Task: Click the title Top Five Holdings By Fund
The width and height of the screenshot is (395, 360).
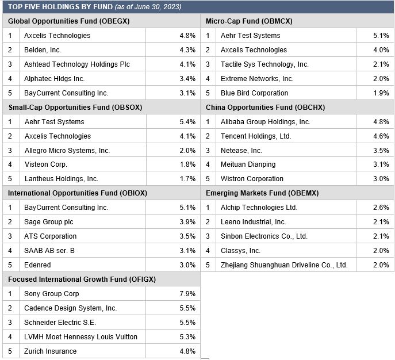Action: click(60, 6)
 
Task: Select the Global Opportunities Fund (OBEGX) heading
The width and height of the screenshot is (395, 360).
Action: click(69, 21)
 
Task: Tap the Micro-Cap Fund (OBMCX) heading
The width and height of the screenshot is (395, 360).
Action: click(249, 21)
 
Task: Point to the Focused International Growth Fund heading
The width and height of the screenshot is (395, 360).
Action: click(82, 279)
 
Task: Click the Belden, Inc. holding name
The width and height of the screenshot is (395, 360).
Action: click(43, 50)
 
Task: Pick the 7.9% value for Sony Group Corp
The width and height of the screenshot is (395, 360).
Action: click(187, 293)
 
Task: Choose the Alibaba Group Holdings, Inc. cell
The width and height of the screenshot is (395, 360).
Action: click(265, 122)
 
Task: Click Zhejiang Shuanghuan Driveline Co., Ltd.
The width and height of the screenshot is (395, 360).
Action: click(284, 265)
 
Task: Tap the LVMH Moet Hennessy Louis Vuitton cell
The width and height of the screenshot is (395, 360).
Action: click(80, 336)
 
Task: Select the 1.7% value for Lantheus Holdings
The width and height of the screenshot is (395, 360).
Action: click(187, 179)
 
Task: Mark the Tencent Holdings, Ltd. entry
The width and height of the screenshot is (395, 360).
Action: click(256, 136)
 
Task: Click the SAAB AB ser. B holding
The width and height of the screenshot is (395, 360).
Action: click(49, 250)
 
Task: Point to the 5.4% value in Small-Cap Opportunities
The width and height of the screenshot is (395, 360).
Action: click(187, 122)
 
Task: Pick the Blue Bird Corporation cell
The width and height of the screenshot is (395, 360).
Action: click(254, 93)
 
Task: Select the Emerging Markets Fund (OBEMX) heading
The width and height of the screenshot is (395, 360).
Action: click(262, 193)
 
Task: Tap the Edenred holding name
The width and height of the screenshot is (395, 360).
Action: click(37, 265)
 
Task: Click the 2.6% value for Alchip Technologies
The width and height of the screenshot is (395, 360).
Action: click(381, 208)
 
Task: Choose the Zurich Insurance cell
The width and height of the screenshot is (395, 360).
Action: click(51, 351)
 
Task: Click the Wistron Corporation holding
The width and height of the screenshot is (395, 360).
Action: click(252, 179)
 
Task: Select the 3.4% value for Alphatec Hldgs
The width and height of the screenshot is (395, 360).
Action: click(187, 79)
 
